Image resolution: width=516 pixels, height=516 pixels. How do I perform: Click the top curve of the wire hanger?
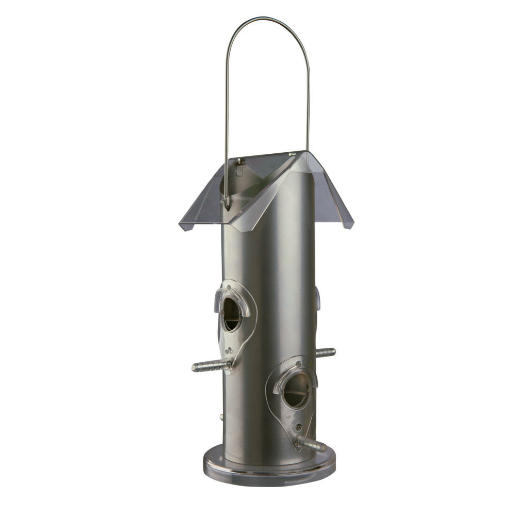[x=267, y=19]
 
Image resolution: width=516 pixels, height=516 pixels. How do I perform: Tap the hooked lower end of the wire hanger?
[x=227, y=205]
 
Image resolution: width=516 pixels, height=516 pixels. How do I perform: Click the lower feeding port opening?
[x=297, y=391]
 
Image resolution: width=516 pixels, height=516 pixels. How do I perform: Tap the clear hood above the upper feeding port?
[x=232, y=297]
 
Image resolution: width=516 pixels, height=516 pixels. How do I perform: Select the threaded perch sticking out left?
[x=209, y=366]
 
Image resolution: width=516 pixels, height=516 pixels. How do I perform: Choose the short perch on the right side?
[x=325, y=352]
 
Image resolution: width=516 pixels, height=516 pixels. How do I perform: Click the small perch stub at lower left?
[x=221, y=416]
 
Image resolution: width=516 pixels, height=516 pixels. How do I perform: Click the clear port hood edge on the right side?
[x=317, y=299]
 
